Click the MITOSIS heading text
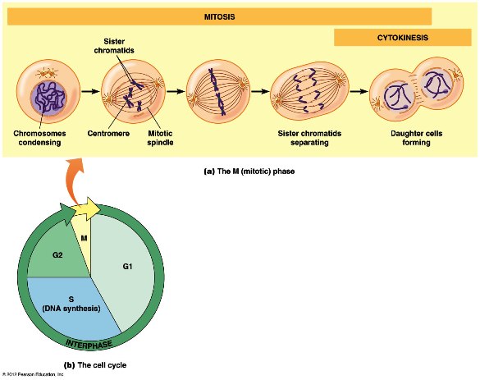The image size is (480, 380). pos(220,16)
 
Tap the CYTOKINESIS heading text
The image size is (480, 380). pos(403,38)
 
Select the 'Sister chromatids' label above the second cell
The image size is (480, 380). pos(114,46)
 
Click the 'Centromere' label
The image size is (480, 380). pos(108,134)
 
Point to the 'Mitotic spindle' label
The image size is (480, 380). pos(160,138)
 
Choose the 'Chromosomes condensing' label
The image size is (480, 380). pos(39,138)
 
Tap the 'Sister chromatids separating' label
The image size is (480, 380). pos(309,138)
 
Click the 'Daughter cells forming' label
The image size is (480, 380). pos(416,138)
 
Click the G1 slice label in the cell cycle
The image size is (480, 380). pos(127,267)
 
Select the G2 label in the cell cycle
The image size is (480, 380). pos(57,254)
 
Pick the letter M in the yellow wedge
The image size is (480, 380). pos(84,238)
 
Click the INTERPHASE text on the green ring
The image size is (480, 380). pos(89,345)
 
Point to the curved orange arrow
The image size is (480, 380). pos(72,181)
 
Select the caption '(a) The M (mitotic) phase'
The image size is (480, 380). pos(249,172)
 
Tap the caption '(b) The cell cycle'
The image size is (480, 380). pos(95,365)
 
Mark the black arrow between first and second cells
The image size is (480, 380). pos(91,91)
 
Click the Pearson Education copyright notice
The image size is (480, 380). pos(33,374)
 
